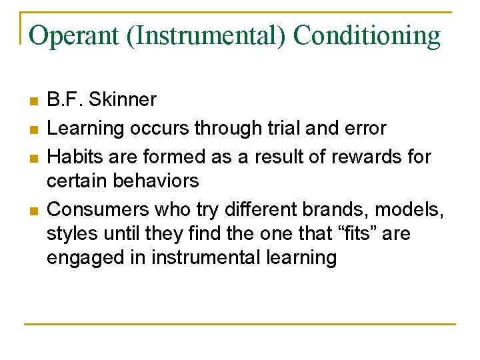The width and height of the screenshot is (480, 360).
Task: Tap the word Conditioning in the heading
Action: point(367,35)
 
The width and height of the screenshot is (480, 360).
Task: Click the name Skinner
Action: point(123,100)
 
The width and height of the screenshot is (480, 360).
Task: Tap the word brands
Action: point(337,209)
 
